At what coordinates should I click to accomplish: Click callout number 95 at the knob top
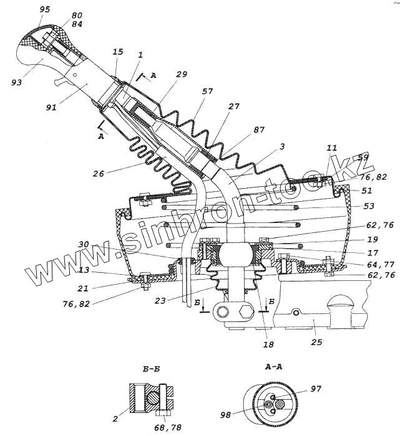[x=45, y=10]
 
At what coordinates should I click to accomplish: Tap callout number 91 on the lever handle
[x=52, y=107]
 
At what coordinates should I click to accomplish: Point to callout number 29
[x=182, y=74]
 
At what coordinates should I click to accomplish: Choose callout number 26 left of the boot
[x=99, y=174]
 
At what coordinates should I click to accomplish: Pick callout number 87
[x=259, y=130]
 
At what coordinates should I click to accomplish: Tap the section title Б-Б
[x=152, y=369]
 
